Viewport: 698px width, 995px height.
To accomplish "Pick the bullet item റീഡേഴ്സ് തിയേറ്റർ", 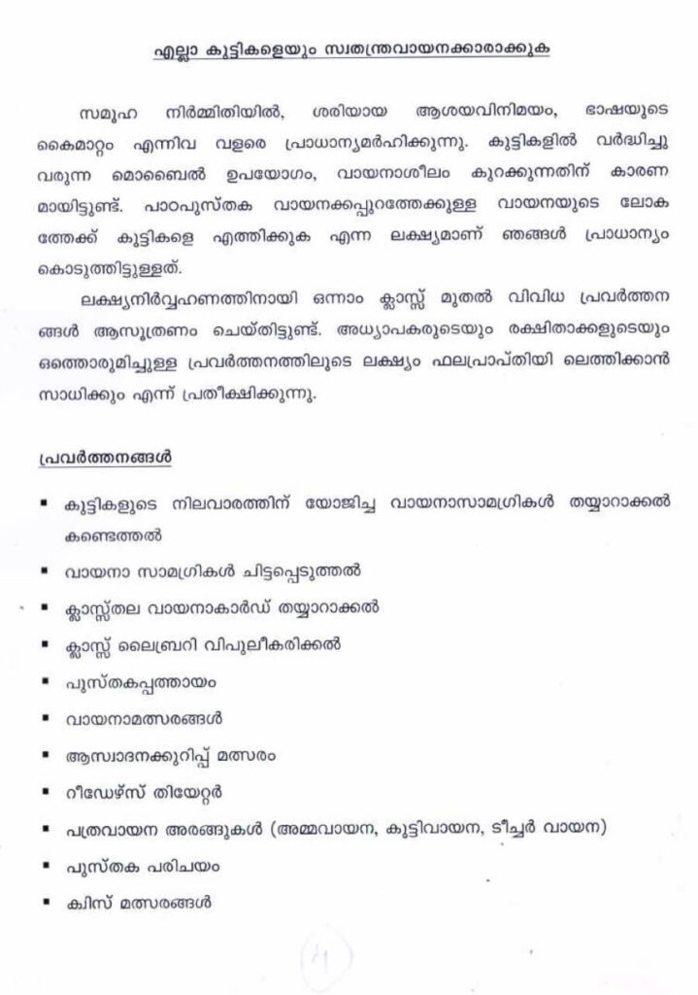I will [143, 796].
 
